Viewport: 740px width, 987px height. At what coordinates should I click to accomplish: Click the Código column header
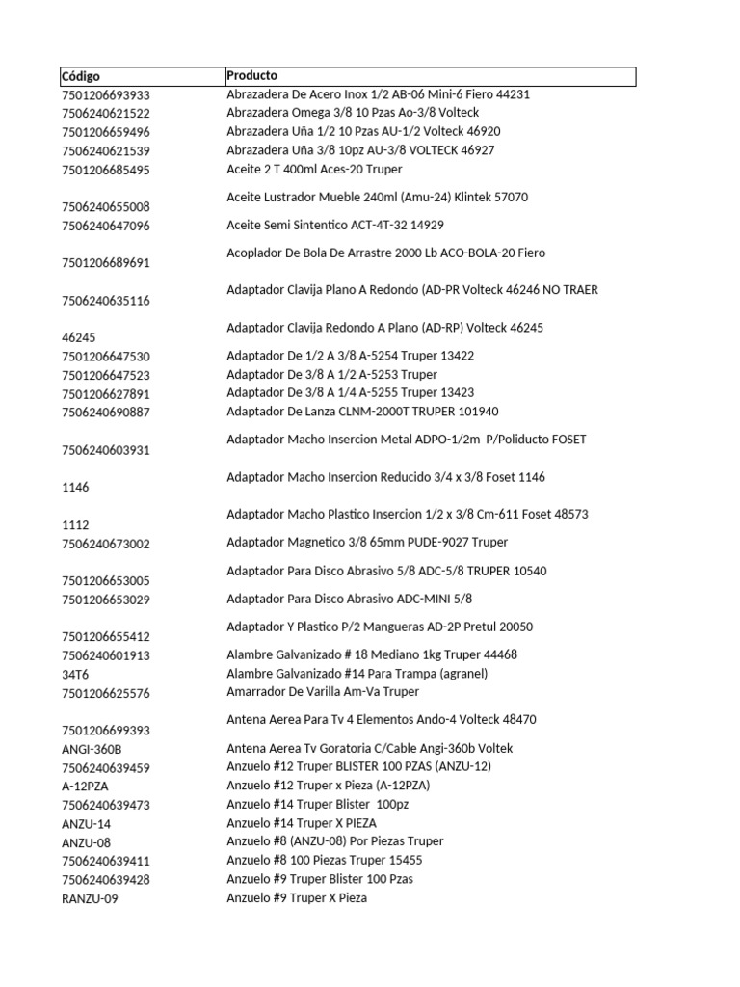click(81, 76)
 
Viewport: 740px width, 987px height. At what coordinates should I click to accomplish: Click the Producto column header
click(251, 75)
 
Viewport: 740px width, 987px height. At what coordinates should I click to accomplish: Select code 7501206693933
click(106, 95)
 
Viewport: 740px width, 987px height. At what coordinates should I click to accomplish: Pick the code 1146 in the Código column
click(75, 488)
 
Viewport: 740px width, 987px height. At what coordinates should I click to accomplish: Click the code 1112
click(75, 525)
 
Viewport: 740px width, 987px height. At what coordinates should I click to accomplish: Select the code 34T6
click(75, 675)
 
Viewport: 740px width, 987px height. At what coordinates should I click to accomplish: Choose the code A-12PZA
click(84, 787)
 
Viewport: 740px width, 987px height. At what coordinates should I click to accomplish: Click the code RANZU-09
click(90, 899)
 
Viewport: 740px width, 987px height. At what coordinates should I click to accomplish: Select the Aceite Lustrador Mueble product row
click(377, 198)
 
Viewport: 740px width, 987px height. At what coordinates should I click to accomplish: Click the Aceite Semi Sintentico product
click(335, 226)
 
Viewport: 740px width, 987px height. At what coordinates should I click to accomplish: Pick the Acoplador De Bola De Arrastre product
click(385, 253)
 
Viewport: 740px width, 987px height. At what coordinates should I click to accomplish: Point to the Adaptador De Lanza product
click(362, 412)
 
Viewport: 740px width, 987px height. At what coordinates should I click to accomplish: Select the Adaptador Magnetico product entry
click(367, 543)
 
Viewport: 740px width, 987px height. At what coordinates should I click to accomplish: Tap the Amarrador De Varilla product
click(323, 692)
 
